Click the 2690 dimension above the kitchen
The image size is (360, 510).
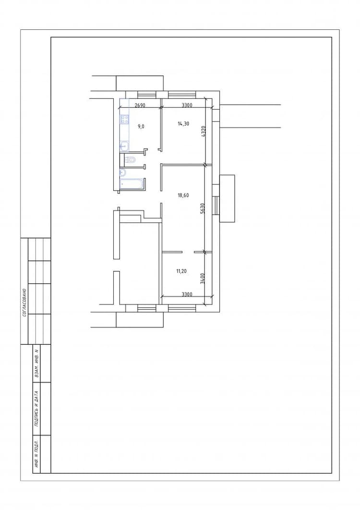pyautogui.click(x=140, y=105)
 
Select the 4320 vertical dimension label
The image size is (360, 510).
pyautogui.click(x=203, y=132)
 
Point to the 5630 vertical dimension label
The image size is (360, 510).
pyautogui.click(x=202, y=208)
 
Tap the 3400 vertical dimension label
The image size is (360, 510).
pyautogui.click(x=202, y=279)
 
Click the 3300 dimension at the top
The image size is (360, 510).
pyautogui.click(x=187, y=105)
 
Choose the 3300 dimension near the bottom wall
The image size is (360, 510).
pyautogui.click(x=187, y=295)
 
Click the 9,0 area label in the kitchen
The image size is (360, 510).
pyautogui.click(x=141, y=127)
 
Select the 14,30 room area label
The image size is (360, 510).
pyautogui.click(x=183, y=123)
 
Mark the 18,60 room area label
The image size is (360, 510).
pyautogui.click(x=183, y=195)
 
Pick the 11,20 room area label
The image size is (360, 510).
pyautogui.click(x=181, y=271)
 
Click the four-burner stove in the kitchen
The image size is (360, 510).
pyautogui.click(x=124, y=119)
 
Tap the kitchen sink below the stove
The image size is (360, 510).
pyautogui.click(x=124, y=146)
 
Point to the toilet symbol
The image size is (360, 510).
pyautogui.click(x=130, y=160)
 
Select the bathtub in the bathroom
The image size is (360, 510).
pyautogui.click(x=132, y=183)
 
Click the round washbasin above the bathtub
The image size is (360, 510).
pyautogui.click(x=123, y=172)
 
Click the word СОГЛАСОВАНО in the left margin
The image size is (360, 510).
pyautogui.click(x=24, y=303)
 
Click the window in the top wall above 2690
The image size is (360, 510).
pyautogui.click(x=147, y=95)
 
